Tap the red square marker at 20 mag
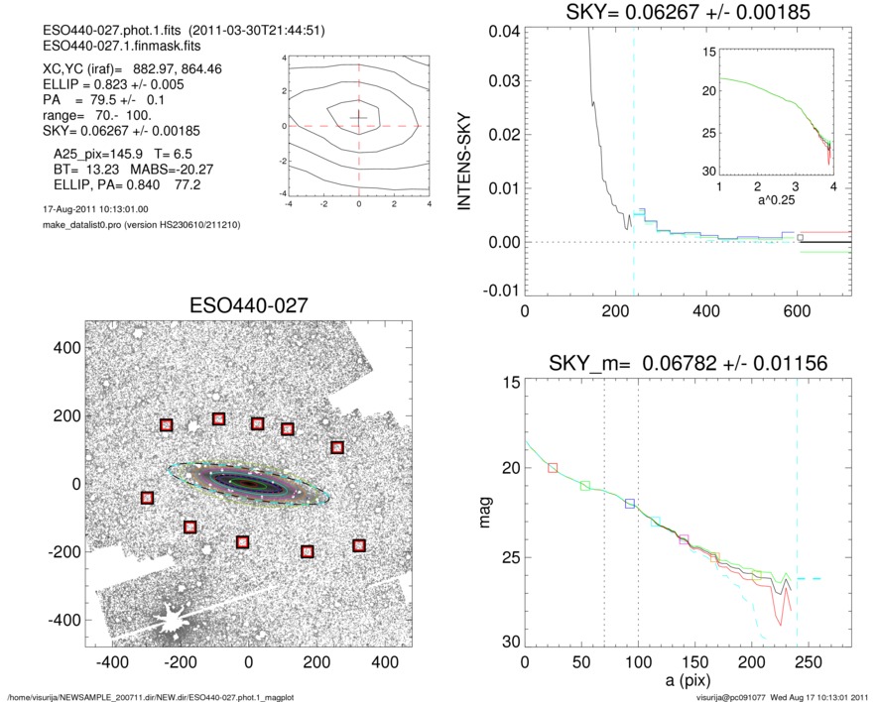553,467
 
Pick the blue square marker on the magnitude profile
629,504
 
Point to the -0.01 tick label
497,291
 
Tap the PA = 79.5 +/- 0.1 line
103,100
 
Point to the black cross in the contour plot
358,117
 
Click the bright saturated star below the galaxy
170,622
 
